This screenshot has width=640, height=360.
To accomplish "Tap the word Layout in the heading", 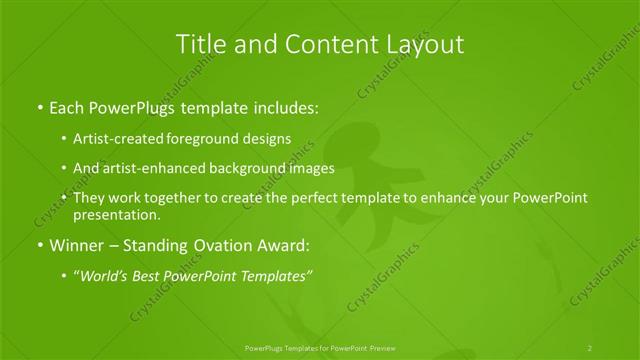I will pos(427,44).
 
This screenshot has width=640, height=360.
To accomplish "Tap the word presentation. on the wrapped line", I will pos(116,214).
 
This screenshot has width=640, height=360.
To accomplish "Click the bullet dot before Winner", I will pos(38,245).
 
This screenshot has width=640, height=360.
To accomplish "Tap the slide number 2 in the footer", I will pos(590,348).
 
